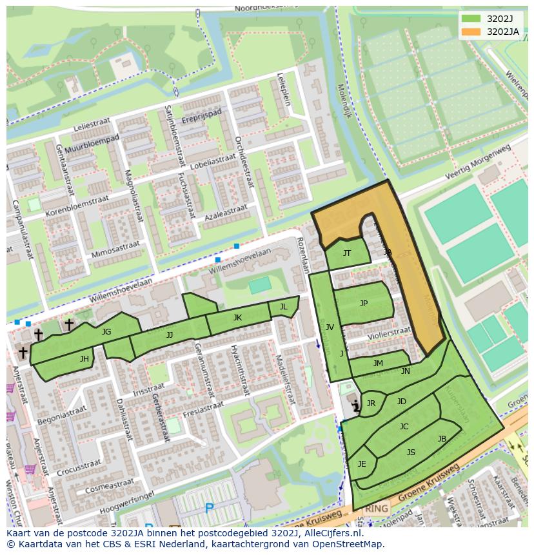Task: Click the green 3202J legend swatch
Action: pos(471,18)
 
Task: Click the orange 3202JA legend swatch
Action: pos(471,31)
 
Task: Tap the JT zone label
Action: pos(347,253)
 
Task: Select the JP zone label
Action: pos(364,304)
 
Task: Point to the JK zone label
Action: pos(237,318)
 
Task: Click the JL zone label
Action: pos(283,307)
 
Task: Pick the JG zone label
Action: pos(106,332)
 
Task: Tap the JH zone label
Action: pos(84,359)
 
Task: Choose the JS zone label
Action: pos(411,453)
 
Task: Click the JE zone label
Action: pos(362,464)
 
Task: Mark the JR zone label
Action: pos(371,404)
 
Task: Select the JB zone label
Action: pos(442,439)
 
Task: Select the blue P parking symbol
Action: pos(209,509)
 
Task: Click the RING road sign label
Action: pos(376,509)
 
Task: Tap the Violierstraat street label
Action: pos(389,334)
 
